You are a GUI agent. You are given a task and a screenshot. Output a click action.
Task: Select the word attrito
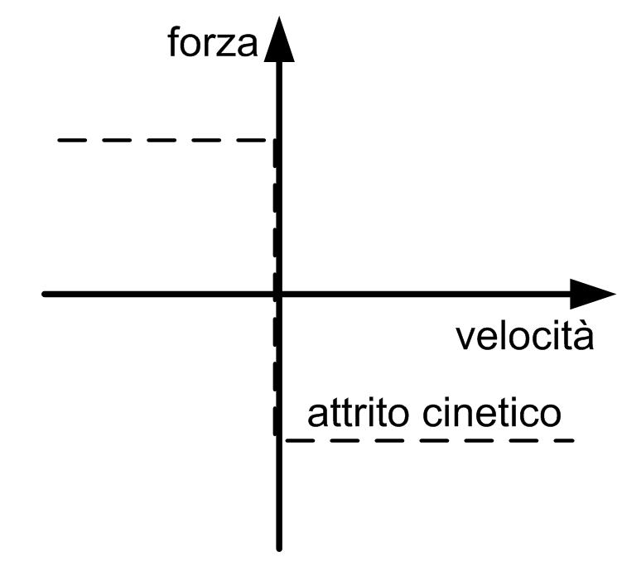349,413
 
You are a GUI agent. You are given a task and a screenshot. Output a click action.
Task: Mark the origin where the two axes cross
278,294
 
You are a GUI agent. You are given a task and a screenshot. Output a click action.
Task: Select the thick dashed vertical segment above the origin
274,215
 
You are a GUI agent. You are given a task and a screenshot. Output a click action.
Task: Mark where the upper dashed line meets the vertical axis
276,141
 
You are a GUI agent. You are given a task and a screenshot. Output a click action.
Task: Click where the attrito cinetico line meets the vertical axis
279,439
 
